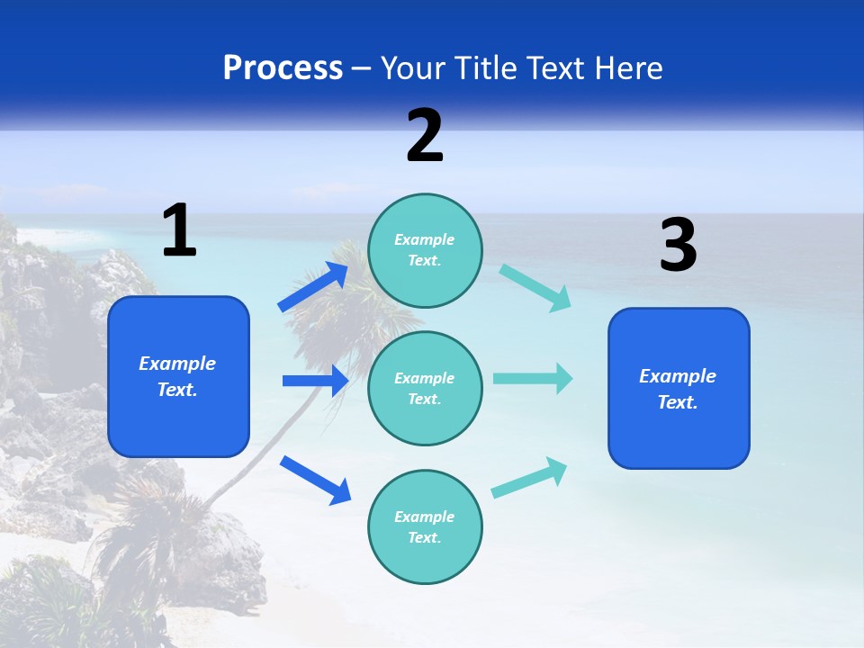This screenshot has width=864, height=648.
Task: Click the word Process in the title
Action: pos(283,68)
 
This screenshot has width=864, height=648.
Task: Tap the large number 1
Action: pos(179,230)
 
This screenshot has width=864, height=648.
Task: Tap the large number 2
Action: pos(425,136)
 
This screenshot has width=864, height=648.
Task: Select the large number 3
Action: pos(678,246)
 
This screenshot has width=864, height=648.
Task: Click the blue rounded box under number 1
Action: pos(178,376)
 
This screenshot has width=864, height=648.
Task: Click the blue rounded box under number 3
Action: pos(679,389)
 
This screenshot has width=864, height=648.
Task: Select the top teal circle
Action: pos(425,250)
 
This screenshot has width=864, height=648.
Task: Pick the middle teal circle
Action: pos(425,388)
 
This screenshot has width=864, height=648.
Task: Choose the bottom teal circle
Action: pos(425,526)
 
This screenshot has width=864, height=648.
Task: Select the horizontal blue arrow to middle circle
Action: pos(315,381)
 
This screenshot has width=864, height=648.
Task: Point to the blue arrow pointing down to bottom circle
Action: pos(314,479)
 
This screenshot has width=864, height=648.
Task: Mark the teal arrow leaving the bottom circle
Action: pos(529,478)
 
